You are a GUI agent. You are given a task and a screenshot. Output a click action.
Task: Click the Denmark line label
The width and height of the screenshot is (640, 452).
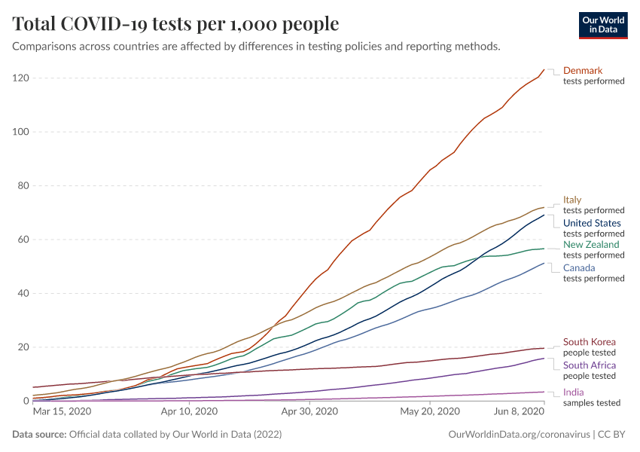tap(583, 71)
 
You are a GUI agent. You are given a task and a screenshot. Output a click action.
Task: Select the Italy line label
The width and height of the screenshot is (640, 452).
tap(572, 200)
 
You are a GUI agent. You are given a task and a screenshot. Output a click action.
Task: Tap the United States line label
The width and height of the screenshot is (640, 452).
tap(592, 223)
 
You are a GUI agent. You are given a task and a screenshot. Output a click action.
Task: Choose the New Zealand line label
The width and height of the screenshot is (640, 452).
tap(591, 245)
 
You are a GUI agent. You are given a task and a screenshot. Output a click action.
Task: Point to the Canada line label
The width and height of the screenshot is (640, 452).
tap(579, 268)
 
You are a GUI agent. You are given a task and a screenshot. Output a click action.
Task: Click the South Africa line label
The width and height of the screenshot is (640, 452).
tap(590, 365)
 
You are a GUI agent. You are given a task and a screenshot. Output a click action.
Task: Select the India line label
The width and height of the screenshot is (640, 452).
tap(574, 392)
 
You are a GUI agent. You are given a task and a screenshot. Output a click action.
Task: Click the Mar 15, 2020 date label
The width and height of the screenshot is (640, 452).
tap(63, 412)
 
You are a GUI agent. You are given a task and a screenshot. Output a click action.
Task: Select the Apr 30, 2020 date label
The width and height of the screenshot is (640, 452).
tap(309, 412)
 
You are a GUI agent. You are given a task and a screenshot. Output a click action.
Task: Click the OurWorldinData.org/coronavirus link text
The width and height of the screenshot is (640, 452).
tap(518, 435)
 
